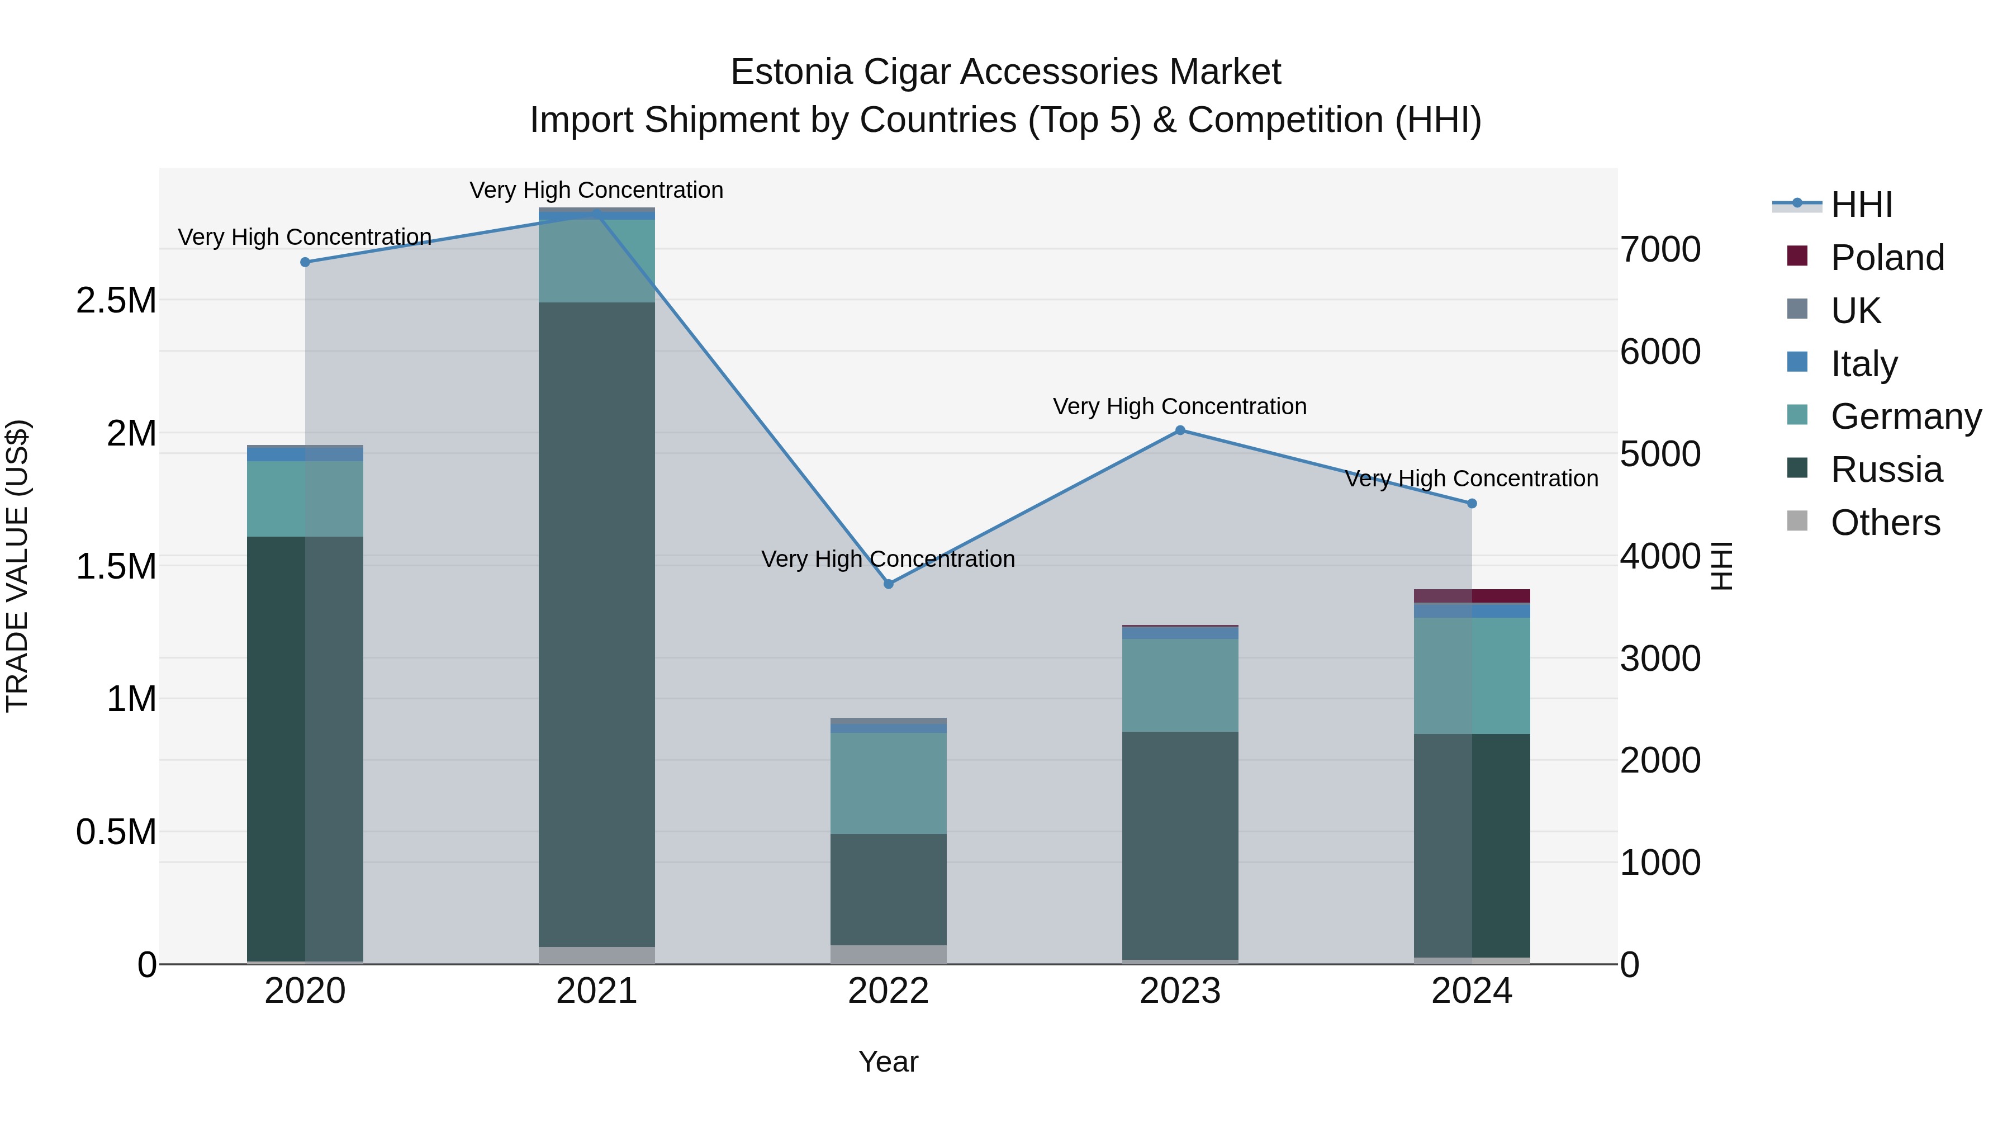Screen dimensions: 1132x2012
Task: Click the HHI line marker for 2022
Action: point(888,584)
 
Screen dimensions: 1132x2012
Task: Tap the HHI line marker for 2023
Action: point(1180,430)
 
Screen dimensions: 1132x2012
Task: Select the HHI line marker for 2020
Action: point(305,262)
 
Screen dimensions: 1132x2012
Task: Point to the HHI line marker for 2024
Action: point(1472,504)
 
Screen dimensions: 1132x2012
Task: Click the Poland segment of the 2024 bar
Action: point(1472,596)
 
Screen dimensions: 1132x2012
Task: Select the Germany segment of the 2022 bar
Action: point(888,783)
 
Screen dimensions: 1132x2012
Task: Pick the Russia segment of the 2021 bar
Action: point(597,625)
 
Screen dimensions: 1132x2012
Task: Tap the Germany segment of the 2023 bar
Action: point(1180,685)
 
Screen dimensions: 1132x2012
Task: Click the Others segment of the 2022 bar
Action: point(888,955)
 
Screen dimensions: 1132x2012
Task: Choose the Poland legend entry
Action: point(1887,258)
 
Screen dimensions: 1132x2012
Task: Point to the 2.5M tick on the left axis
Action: point(116,301)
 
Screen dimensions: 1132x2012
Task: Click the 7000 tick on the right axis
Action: point(1660,250)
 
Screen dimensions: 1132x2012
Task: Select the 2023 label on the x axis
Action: point(1180,991)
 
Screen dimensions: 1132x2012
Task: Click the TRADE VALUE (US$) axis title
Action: point(17,566)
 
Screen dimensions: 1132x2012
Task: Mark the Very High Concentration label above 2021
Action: point(597,191)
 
